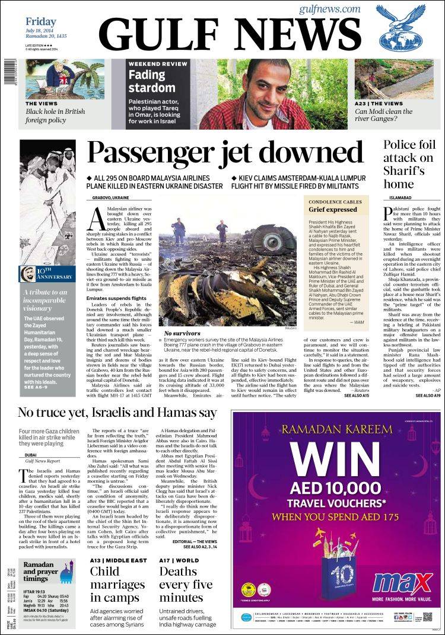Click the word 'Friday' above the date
[41, 22]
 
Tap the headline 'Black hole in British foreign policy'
[55, 115]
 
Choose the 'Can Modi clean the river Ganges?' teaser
[392, 115]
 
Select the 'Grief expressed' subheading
[332, 209]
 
